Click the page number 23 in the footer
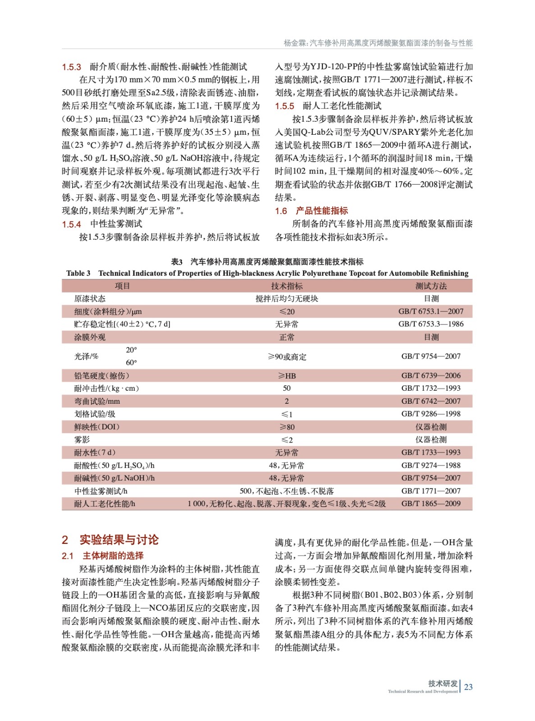point(468,687)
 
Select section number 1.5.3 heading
point(71,67)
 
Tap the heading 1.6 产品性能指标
point(311,211)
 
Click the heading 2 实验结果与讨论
point(110,540)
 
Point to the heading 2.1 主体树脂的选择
point(103,556)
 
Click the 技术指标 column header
point(287,286)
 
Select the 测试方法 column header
point(431,286)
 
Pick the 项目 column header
point(122,286)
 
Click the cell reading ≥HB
point(287,376)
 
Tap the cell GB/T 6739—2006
point(431,376)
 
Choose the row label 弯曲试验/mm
point(97,401)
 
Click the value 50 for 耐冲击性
point(287,388)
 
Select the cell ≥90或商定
point(287,357)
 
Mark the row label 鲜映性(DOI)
point(97,427)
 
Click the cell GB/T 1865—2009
point(431,504)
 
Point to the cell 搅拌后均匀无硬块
point(287,299)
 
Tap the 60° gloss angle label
point(131,363)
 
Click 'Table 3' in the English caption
point(78,273)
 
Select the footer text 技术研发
point(443,684)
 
